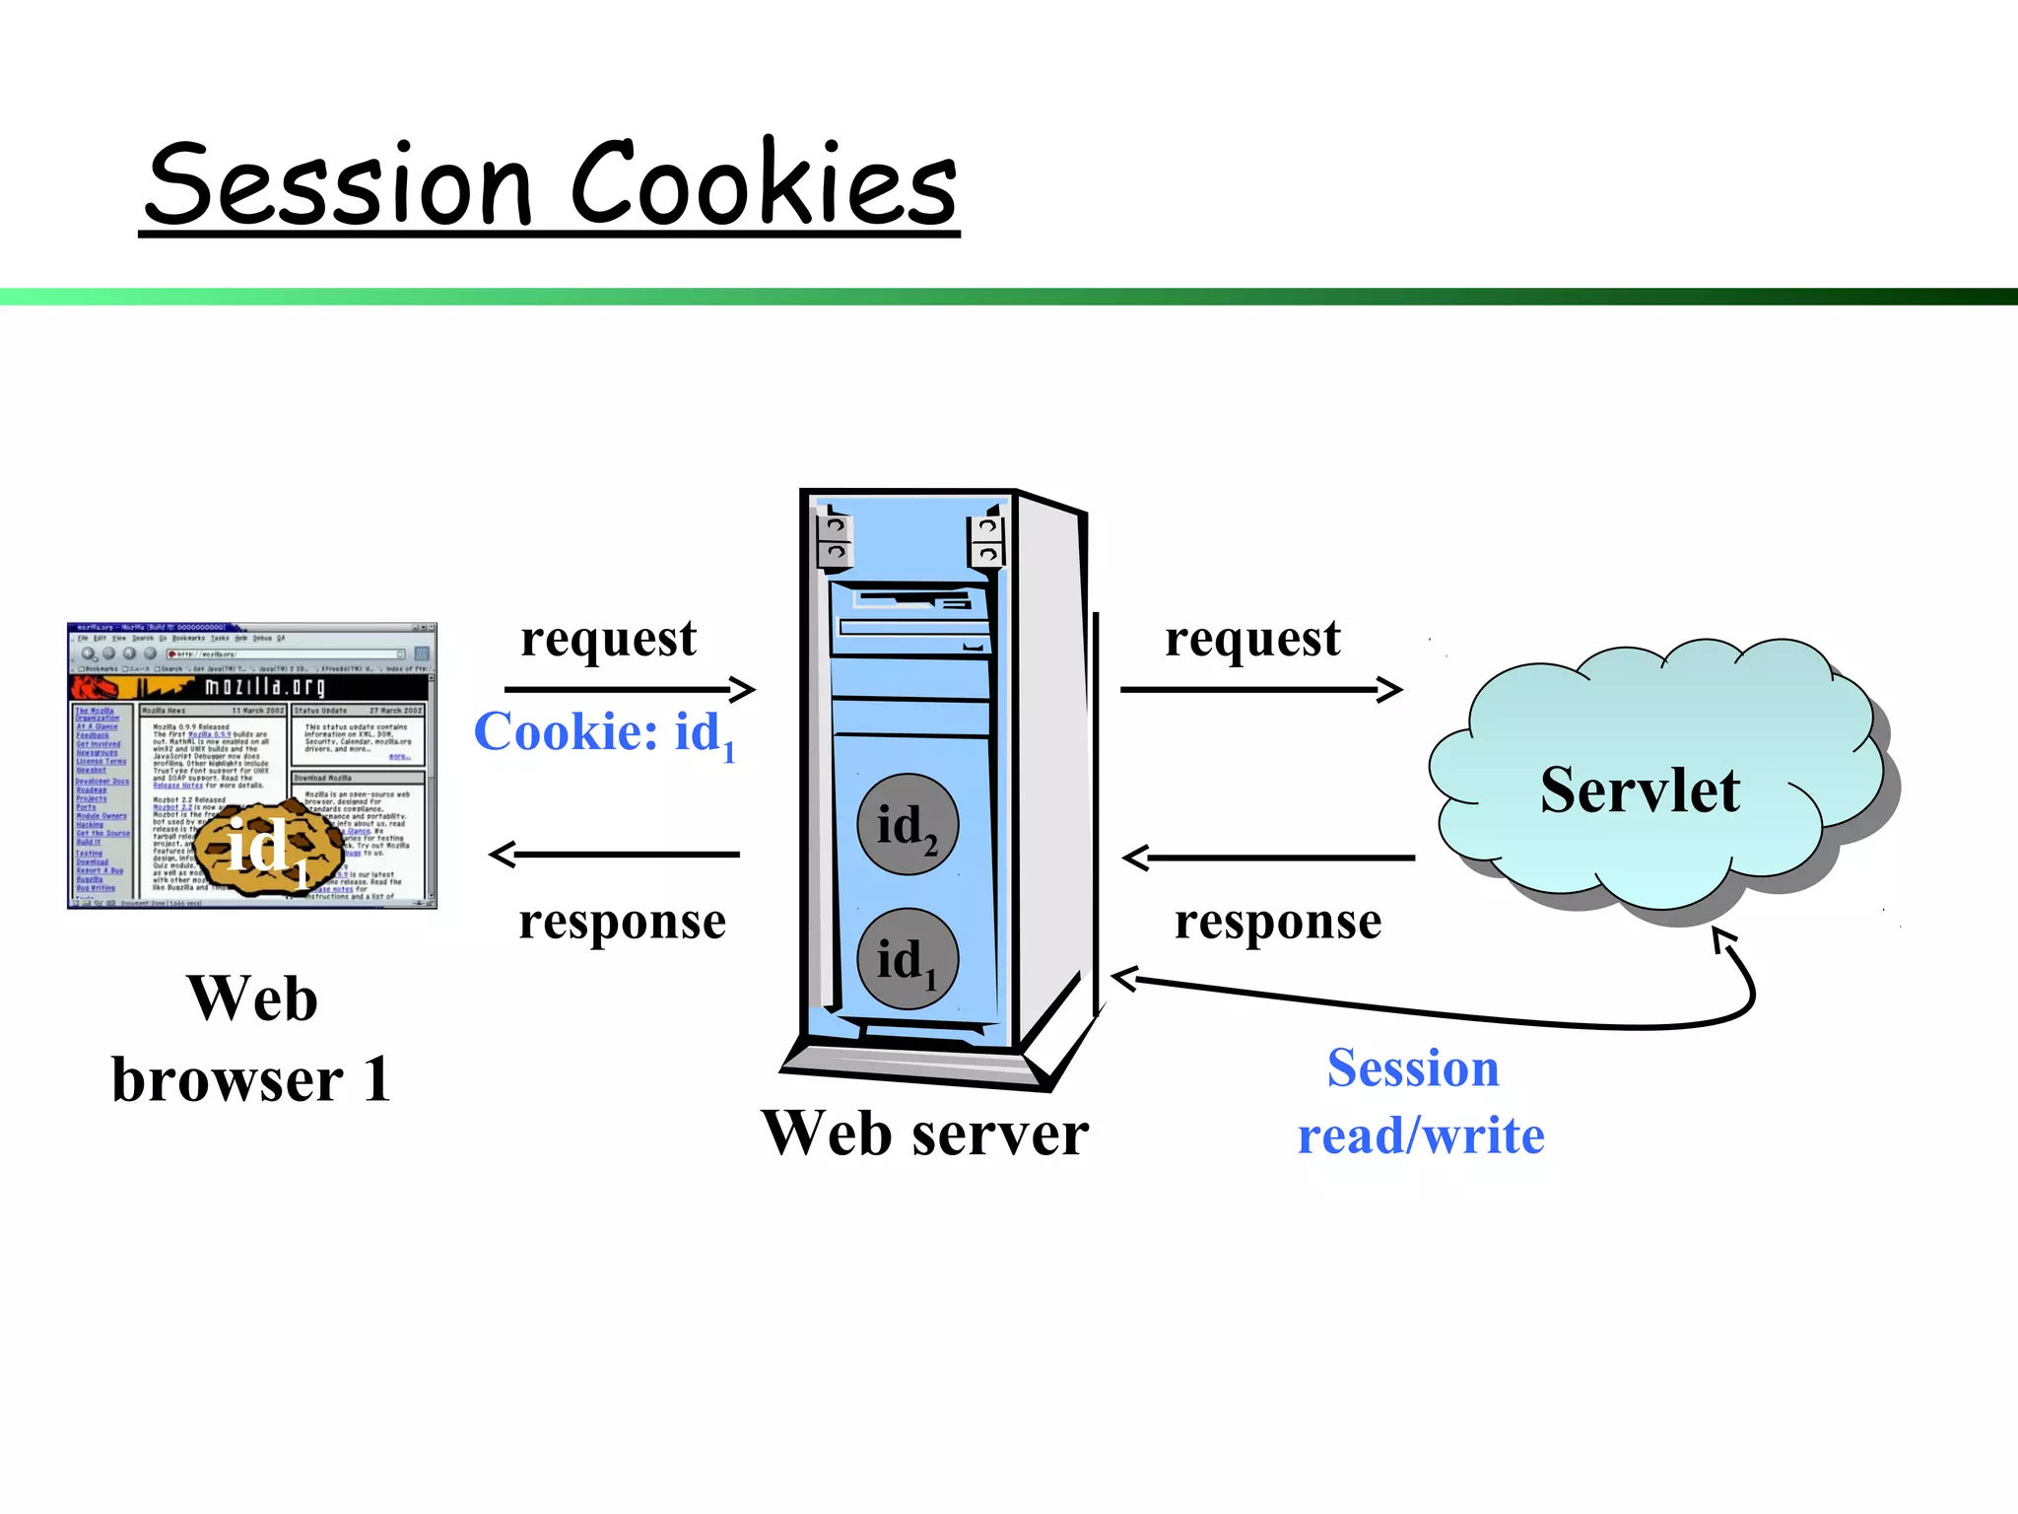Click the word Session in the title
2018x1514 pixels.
tap(340, 184)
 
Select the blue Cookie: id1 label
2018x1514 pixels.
tap(604, 733)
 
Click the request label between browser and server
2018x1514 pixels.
tap(608, 639)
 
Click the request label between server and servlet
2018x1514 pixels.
tap(1251, 639)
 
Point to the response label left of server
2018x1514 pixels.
tap(622, 922)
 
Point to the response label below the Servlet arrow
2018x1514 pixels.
tap(1277, 923)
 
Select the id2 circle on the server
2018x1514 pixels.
tap(907, 825)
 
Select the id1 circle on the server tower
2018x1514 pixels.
tap(907, 959)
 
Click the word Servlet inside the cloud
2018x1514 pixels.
tap(1640, 791)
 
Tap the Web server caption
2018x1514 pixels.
tap(924, 1134)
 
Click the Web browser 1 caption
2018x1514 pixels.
tap(252, 1040)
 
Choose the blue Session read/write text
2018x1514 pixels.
tap(1419, 1102)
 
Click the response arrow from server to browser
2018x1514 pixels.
tap(616, 855)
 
